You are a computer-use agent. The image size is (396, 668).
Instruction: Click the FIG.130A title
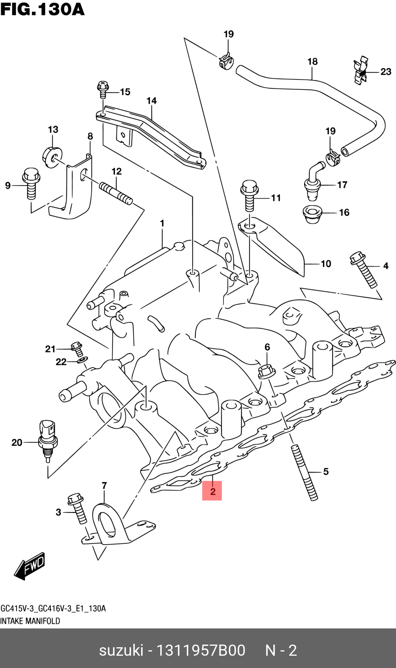pyautogui.click(x=42, y=9)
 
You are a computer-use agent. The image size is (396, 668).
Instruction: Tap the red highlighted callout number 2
pyautogui.click(x=212, y=491)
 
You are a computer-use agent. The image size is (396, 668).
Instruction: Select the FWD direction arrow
pyautogui.click(x=30, y=565)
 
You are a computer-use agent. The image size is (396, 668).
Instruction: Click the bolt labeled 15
pyautogui.click(x=103, y=90)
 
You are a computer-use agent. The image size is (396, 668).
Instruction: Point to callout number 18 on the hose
pyautogui.click(x=312, y=61)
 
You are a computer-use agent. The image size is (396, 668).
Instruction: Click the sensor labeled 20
pyautogui.click(x=47, y=440)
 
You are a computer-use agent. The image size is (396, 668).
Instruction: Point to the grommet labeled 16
pyautogui.click(x=312, y=214)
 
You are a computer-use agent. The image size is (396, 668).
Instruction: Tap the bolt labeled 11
pyautogui.click(x=249, y=195)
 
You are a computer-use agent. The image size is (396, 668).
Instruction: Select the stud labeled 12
pyautogui.click(x=116, y=193)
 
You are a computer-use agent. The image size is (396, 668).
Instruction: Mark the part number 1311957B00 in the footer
pyautogui.click(x=201, y=650)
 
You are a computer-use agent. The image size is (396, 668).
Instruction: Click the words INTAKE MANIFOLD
pyautogui.click(x=30, y=621)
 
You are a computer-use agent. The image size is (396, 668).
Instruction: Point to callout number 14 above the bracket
pyautogui.click(x=151, y=101)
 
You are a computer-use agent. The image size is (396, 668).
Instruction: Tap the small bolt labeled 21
pyautogui.click(x=77, y=348)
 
